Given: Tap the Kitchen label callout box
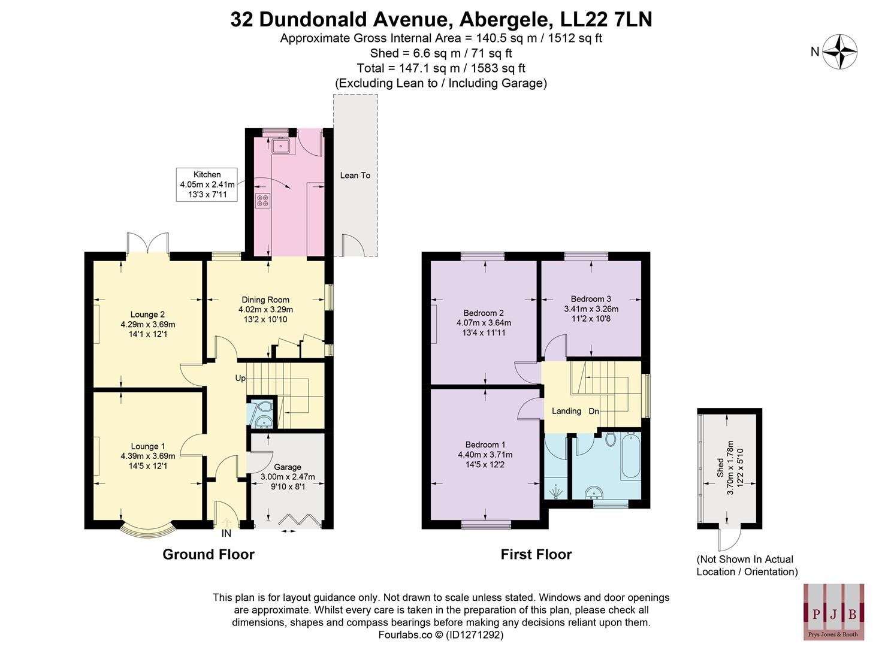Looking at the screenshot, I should pyautogui.click(x=207, y=185).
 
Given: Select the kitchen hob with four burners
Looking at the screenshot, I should pyautogui.click(x=262, y=201).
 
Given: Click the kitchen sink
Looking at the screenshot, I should pyautogui.click(x=280, y=145).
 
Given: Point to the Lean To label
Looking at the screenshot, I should pyautogui.click(x=355, y=176).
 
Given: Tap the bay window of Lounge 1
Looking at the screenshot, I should pyautogui.click(x=148, y=530).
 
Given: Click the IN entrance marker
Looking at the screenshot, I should pyautogui.click(x=226, y=533).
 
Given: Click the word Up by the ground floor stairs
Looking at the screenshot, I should pyautogui.click(x=240, y=378).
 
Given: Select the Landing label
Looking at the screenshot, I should pyautogui.click(x=566, y=411).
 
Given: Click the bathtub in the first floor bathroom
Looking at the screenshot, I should pyautogui.click(x=630, y=456).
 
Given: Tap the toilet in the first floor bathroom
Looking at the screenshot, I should pyautogui.click(x=611, y=440).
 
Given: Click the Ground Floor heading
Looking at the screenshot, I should pyautogui.click(x=209, y=555).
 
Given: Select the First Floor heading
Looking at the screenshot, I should pyautogui.click(x=536, y=555).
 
